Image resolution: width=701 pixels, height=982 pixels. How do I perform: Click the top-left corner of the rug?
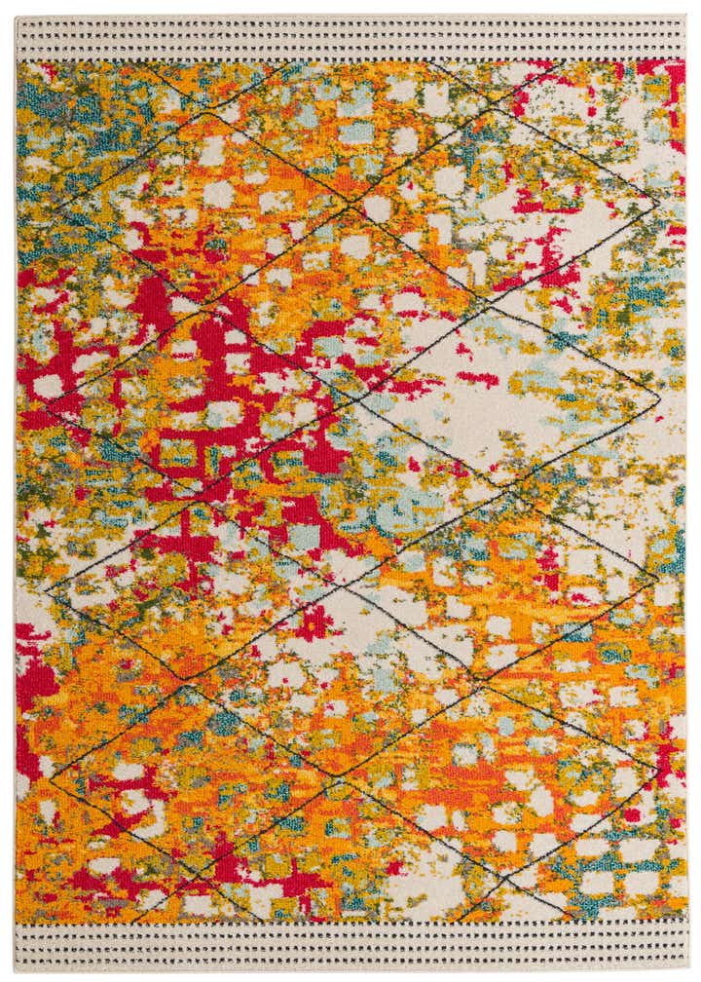point(16,17)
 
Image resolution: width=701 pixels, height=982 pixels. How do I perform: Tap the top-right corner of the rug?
point(686,17)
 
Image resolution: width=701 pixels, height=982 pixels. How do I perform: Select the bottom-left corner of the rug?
point(16,965)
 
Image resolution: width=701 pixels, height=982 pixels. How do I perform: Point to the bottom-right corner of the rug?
point(686,965)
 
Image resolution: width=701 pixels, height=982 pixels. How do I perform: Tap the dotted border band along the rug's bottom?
point(350,942)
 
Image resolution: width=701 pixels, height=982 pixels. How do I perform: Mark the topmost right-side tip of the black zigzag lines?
point(654,207)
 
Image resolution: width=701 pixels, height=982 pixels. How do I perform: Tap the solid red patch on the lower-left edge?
point(34,672)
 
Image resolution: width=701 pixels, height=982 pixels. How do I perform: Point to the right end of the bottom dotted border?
point(679,942)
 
